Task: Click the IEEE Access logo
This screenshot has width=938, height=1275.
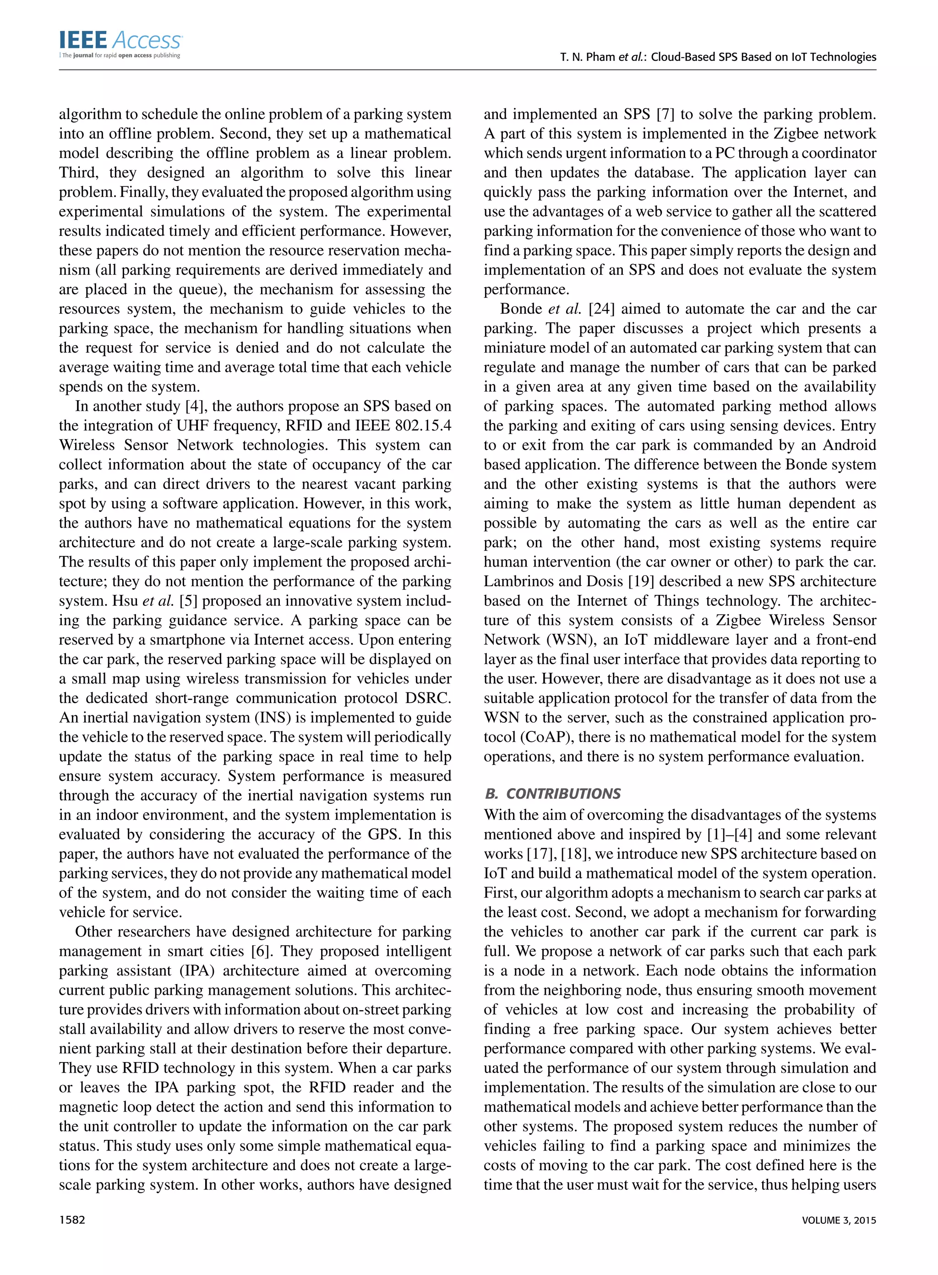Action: click(120, 44)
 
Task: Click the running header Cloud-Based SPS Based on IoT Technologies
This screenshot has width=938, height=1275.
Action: click(763, 57)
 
